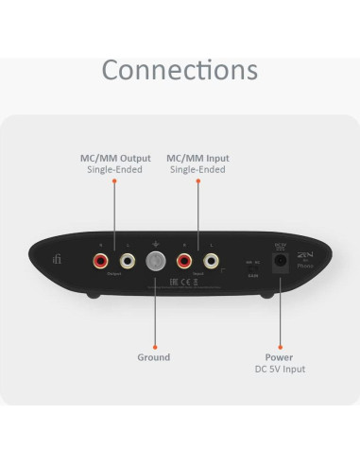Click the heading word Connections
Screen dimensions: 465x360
(x=180, y=69)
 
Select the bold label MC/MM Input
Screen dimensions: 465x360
(x=197, y=158)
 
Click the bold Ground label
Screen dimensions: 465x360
(x=154, y=357)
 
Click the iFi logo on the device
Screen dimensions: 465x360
(x=60, y=257)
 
